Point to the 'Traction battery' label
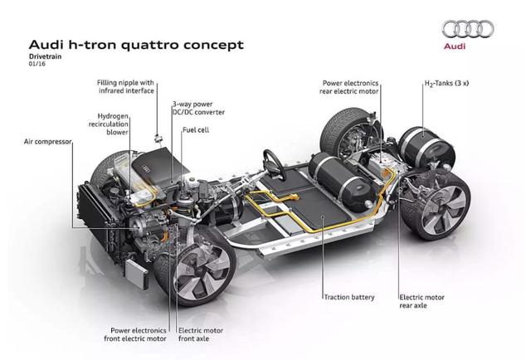[348, 297]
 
